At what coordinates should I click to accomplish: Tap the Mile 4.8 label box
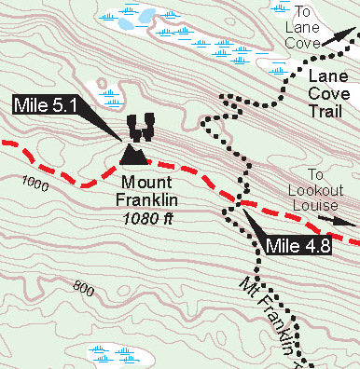[298, 246]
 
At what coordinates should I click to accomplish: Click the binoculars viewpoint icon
[141, 124]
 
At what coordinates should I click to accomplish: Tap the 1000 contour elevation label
[33, 186]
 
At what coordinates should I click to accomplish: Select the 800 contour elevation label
[84, 290]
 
